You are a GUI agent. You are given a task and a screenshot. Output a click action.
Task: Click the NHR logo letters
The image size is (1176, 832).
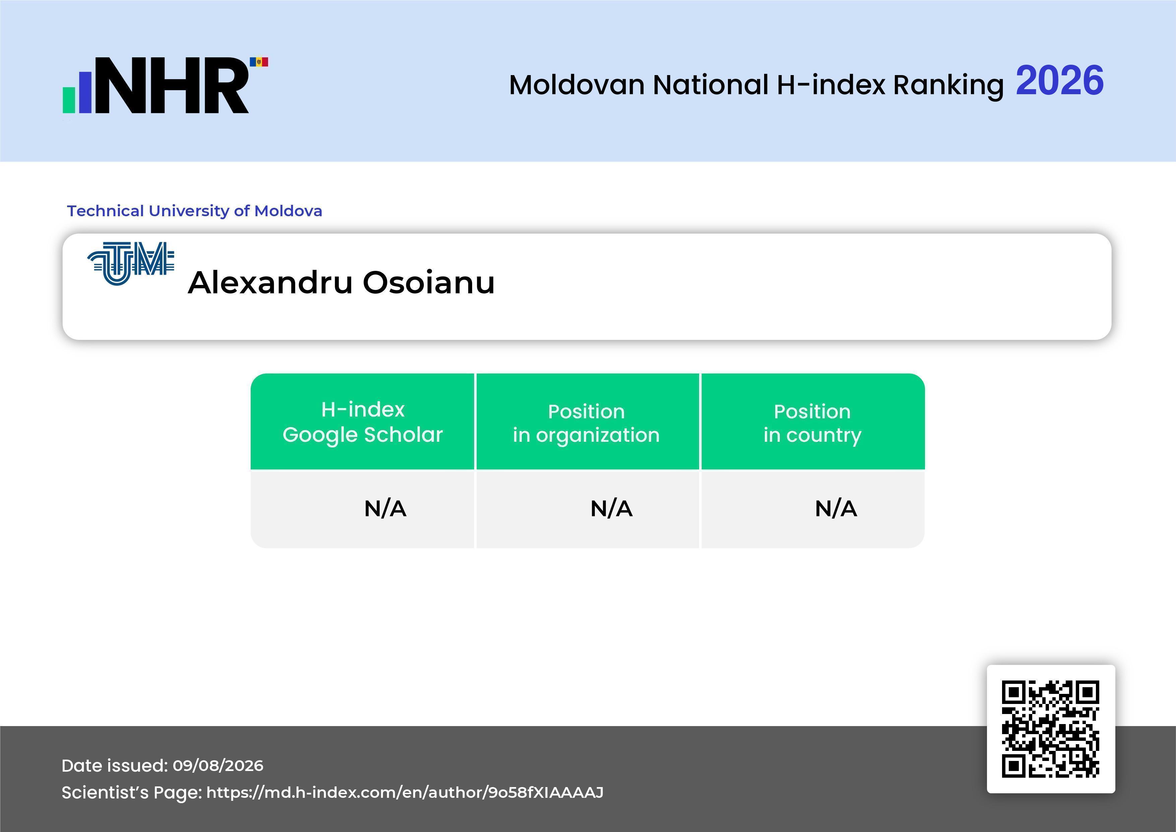(172, 85)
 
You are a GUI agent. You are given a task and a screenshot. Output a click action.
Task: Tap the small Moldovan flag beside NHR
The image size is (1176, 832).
(259, 62)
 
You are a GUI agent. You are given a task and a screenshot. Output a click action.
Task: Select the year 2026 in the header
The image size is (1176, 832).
(1059, 80)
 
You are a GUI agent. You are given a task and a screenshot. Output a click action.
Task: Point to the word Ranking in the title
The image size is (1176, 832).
(948, 85)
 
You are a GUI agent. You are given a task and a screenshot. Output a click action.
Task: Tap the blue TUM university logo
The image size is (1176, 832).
(131, 263)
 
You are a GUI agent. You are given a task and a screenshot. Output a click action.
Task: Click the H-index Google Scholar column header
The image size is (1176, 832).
(363, 422)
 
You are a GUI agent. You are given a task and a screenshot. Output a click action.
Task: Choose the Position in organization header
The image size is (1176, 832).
(586, 423)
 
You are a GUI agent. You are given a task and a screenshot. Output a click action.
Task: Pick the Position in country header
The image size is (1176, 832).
(812, 423)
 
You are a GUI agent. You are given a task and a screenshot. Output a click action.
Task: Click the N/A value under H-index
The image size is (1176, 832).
(385, 509)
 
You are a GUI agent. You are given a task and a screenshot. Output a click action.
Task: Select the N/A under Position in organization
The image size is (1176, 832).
(612, 509)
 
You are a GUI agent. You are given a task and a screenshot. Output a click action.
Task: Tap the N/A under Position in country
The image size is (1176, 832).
(836, 509)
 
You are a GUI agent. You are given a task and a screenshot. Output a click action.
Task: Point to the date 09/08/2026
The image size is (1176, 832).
(218, 765)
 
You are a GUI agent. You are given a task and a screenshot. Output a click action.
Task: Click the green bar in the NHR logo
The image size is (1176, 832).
(69, 100)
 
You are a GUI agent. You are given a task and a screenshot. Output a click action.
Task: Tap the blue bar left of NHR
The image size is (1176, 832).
(85, 92)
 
